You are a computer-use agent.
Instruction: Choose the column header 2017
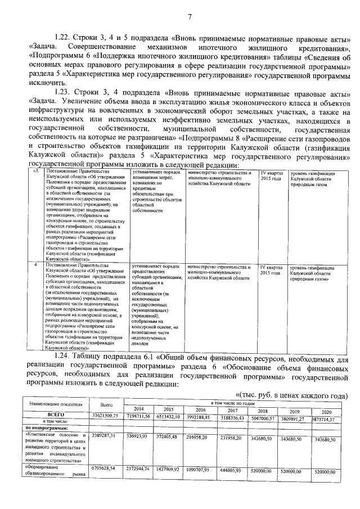[x=231, y=409]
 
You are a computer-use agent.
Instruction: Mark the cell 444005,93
[x=231, y=470]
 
